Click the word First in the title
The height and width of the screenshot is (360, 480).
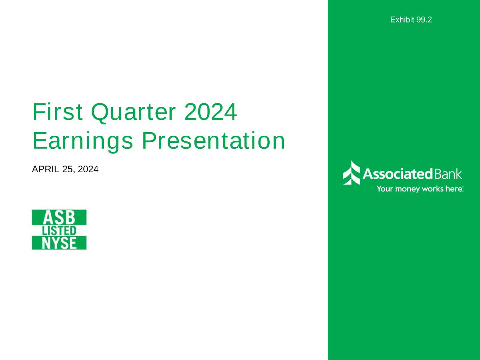[x=58, y=112]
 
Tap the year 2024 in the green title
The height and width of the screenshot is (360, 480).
[x=211, y=112]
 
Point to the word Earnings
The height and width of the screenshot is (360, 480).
[x=83, y=141]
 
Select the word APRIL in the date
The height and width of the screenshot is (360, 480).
[x=45, y=169]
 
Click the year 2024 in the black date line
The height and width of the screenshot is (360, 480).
[x=88, y=169]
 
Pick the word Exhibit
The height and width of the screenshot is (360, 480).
[x=402, y=20]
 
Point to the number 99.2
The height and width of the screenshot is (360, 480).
[x=424, y=20]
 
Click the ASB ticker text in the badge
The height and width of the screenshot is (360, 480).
[x=59, y=218]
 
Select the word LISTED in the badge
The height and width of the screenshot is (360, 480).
[x=59, y=231]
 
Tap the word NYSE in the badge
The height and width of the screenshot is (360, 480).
[x=59, y=243]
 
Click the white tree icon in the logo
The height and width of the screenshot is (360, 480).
[x=351, y=173]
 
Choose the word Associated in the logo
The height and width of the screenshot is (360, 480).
[x=398, y=174]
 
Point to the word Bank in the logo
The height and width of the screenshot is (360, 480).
[x=448, y=174]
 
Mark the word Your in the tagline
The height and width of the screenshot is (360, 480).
[x=385, y=189]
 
